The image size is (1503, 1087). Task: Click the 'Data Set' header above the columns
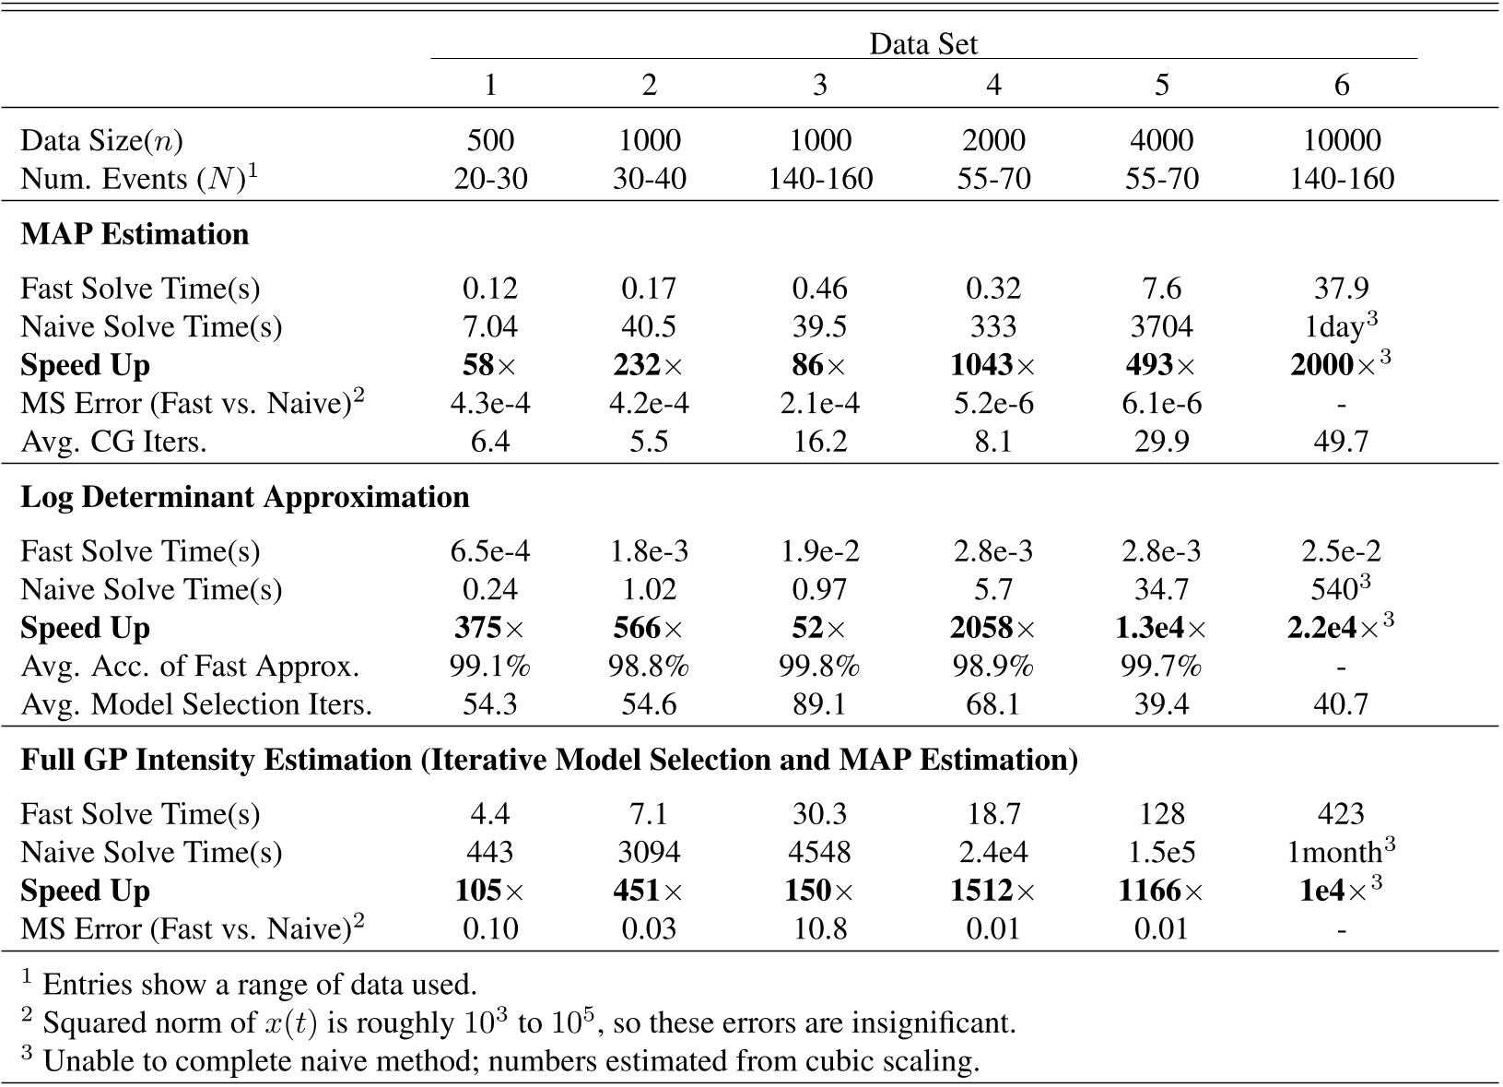[922, 43]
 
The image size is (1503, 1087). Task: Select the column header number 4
[992, 85]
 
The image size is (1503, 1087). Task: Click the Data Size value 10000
[1341, 140]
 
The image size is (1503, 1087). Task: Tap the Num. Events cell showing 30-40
[649, 178]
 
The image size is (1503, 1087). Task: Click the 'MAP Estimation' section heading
[135, 234]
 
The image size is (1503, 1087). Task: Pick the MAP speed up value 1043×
[992, 365]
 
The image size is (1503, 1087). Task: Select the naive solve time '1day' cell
[1337, 327]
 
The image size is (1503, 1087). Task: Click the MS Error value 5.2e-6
[992, 404]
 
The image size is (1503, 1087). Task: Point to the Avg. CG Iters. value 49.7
[1341, 442]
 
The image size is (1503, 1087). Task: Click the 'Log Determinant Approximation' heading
[245, 497]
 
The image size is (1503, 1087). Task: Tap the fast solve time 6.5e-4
[490, 551]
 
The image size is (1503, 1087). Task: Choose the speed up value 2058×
[992, 628]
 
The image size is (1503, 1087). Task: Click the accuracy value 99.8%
[819, 666]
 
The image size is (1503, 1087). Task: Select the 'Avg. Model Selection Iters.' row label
[196, 704]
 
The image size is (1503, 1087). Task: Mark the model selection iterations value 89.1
[819, 704]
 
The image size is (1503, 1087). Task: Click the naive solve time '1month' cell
[1337, 852]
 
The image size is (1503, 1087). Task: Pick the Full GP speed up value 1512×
[992, 891]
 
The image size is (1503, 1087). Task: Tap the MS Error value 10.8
[819, 928]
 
